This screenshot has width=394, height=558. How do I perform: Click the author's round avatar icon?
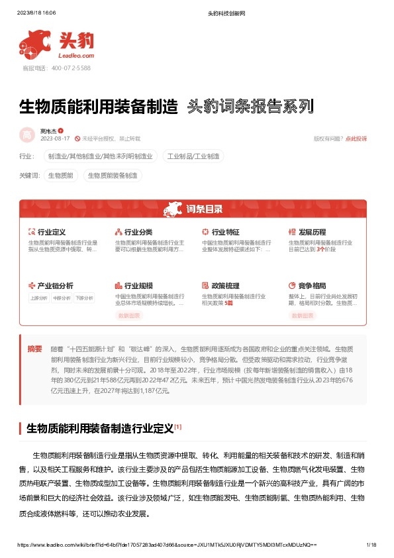[x=27, y=135]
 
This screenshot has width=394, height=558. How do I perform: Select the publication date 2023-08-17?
[x=55, y=139]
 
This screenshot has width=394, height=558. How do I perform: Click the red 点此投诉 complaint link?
[x=356, y=139]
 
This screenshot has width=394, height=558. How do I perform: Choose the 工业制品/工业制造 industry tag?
[x=195, y=156]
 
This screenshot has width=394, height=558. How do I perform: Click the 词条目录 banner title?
[x=204, y=209]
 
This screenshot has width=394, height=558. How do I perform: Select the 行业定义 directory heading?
[x=51, y=233]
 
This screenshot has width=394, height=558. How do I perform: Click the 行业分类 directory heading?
[x=138, y=233]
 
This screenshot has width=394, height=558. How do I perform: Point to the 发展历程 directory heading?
[x=312, y=233]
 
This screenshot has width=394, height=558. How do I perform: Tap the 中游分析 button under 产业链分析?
[x=62, y=298]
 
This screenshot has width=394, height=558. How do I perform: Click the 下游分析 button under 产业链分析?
[x=84, y=298]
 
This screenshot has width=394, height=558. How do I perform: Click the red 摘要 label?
[x=34, y=349]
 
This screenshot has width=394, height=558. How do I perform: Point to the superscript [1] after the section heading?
[x=178, y=427]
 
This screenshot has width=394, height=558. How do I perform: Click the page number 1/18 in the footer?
[x=371, y=544]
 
